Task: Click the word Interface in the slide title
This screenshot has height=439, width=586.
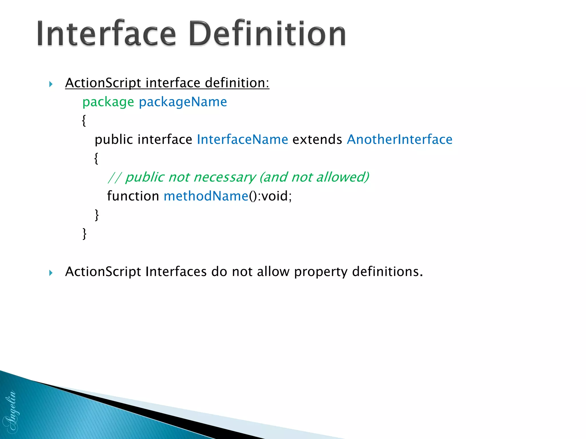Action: tap(106, 34)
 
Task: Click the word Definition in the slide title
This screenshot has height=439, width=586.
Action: tap(267, 34)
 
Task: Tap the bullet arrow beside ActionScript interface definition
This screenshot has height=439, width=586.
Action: tap(51, 84)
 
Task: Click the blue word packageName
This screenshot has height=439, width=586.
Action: tap(183, 102)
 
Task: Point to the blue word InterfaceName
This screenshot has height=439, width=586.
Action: tap(242, 139)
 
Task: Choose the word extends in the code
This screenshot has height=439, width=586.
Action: tap(317, 139)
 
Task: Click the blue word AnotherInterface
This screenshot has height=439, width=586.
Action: tap(399, 139)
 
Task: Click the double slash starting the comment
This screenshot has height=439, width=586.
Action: tap(115, 177)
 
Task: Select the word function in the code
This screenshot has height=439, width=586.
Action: tap(133, 196)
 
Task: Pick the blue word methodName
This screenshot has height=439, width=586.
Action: tap(206, 196)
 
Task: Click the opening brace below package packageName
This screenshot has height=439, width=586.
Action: tap(84, 121)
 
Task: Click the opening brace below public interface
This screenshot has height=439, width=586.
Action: tap(96, 158)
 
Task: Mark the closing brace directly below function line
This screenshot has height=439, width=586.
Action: tap(97, 215)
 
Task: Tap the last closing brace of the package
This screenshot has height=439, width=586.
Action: tap(84, 234)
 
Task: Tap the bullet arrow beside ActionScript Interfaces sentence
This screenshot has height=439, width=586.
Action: tap(51, 273)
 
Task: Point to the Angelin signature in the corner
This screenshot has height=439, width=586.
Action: tap(11, 412)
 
